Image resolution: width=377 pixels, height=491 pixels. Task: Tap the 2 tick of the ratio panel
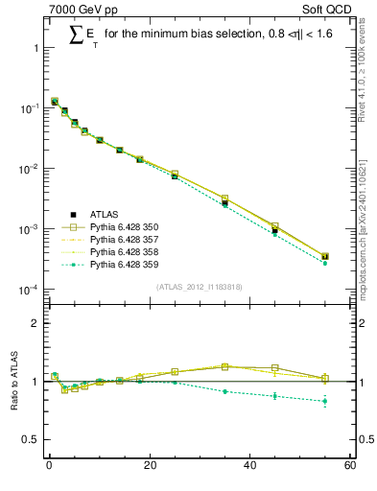click(39, 323)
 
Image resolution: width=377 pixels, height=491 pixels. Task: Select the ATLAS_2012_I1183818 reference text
click(199, 287)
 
